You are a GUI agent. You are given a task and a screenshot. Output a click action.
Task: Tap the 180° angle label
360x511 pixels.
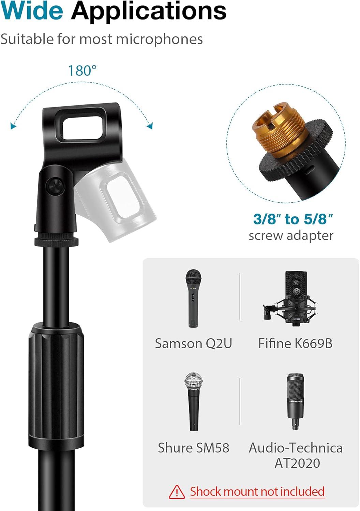tap(82, 71)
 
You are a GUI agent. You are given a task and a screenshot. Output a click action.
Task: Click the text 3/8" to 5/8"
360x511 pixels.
tap(293, 219)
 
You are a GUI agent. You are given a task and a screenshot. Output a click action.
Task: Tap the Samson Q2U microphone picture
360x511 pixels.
tap(193, 298)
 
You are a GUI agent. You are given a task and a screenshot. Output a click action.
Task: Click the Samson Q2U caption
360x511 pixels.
tap(194, 343)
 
